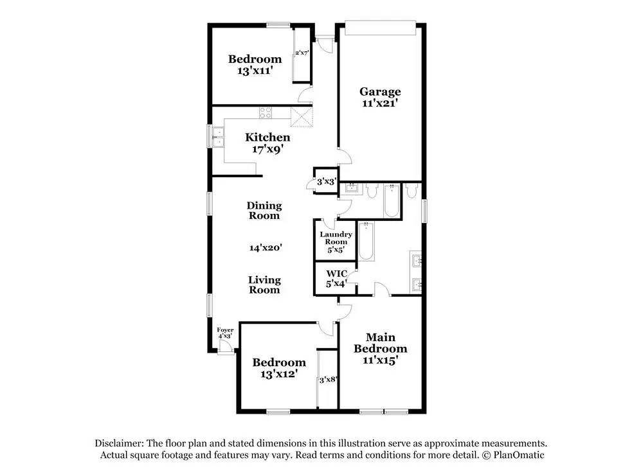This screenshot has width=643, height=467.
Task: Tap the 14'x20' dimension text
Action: click(266, 247)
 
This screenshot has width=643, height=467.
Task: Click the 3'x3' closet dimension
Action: click(327, 181)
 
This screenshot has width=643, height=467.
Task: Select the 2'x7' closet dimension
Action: click(302, 53)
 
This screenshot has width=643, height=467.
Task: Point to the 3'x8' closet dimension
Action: click(328, 380)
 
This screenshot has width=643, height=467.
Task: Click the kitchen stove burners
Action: click(266, 112)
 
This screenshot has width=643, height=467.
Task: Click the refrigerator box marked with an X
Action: click(302, 118)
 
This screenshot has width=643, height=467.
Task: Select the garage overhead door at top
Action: click(381, 28)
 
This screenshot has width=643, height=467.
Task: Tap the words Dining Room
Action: click(264, 211)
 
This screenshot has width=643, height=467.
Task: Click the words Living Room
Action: click(264, 285)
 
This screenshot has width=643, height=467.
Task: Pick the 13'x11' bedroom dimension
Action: click(255, 71)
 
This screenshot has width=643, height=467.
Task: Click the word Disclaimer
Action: click(120, 443)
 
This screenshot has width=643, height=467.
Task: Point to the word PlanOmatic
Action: click(519, 455)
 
